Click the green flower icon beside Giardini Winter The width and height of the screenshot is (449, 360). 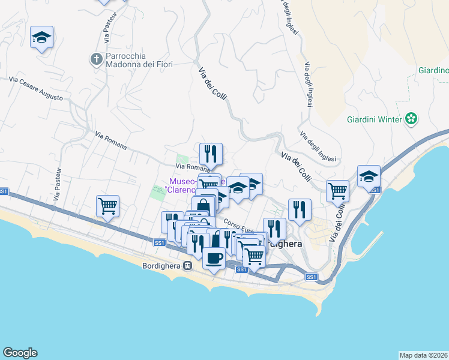point(411,119)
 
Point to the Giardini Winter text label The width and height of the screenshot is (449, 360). point(373,119)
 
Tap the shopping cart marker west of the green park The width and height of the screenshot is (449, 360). point(108,206)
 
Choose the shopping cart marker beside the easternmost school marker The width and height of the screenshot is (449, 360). point(338,191)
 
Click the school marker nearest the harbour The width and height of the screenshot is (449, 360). point(369,176)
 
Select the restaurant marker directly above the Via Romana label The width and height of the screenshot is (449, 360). point(211,154)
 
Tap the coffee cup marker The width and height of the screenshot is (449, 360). point(214,259)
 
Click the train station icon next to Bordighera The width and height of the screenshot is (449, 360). point(188,266)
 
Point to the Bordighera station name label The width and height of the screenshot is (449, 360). point(162,266)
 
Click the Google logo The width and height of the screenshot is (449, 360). point(20,353)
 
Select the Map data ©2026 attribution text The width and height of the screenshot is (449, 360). point(423,355)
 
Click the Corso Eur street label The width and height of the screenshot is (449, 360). point(239,229)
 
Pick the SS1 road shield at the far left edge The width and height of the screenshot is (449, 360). point(4,191)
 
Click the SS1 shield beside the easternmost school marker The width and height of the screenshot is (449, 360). point(375,190)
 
